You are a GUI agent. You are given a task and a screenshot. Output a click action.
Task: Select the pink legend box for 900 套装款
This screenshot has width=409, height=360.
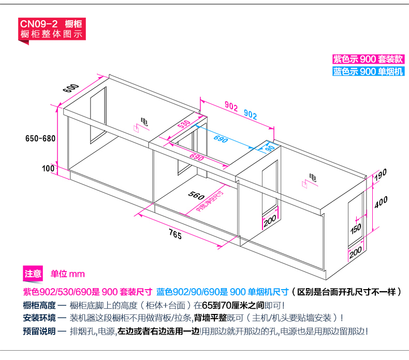tap(368, 59)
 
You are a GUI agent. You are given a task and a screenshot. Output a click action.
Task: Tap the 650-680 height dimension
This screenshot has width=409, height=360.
tap(40, 138)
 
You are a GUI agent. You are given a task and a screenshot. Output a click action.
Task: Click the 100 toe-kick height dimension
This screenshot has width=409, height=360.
tap(48, 168)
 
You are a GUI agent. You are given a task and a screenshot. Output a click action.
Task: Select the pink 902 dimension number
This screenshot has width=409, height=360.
tap(231, 106)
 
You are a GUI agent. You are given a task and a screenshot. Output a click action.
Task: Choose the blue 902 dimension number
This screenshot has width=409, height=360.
tap(251, 114)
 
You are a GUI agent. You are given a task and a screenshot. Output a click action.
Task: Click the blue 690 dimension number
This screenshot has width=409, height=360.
tap(221, 139)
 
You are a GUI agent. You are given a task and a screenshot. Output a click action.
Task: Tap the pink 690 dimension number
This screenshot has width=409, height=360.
tap(197, 157)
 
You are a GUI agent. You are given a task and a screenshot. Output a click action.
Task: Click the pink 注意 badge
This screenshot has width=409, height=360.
tap(33, 274)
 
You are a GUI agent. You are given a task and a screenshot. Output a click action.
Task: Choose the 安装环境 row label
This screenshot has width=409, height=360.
tap(38, 318)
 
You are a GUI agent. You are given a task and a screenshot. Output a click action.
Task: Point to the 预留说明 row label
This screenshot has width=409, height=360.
tap(38, 331)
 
